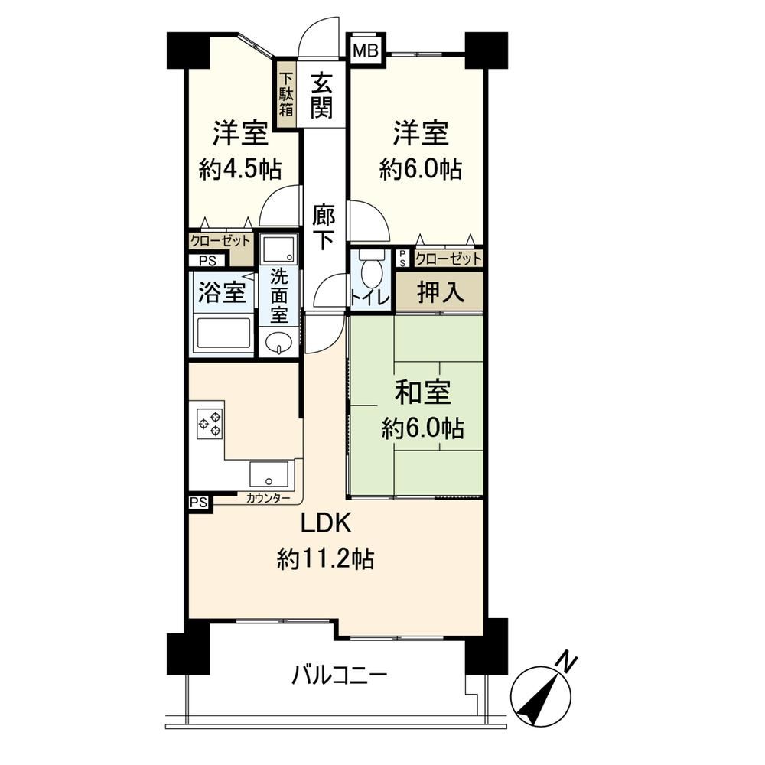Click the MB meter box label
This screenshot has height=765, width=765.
tap(366, 50)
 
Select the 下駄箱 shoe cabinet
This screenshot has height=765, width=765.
tap(286, 94)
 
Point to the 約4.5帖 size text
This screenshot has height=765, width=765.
tap(239, 169)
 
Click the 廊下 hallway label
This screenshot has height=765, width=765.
tap(324, 227)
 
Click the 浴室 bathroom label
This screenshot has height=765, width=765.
tap(222, 291)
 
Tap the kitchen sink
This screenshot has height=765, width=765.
tap(269, 474)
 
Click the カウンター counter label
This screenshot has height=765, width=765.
tap(268, 498)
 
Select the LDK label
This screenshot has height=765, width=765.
tap(326, 524)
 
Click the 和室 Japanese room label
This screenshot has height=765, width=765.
tap(422, 392)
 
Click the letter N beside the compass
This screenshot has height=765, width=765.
tap(567, 661)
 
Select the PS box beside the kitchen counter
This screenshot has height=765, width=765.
tap(199, 502)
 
